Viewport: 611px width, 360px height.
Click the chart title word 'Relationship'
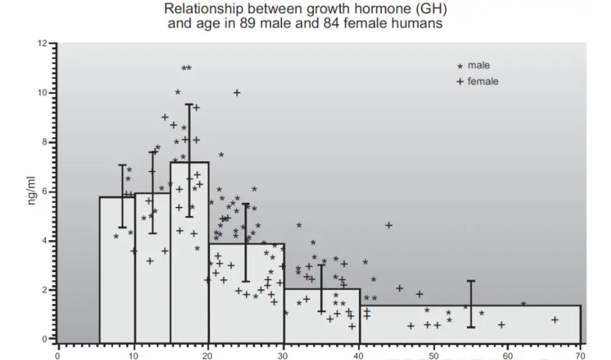[x=196, y=10]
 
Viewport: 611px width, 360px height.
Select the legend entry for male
[x=479, y=65]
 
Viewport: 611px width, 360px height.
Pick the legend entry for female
[x=481, y=81]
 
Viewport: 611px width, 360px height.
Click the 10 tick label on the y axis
[x=43, y=93]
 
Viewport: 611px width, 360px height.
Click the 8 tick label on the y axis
[x=44, y=142]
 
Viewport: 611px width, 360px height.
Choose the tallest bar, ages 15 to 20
[x=190, y=263]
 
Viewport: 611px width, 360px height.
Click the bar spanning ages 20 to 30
[x=247, y=305]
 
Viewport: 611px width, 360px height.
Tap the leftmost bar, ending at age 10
[x=117, y=277]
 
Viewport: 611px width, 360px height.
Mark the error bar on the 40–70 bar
[x=471, y=304]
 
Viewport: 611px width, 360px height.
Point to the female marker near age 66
[x=555, y=320]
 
